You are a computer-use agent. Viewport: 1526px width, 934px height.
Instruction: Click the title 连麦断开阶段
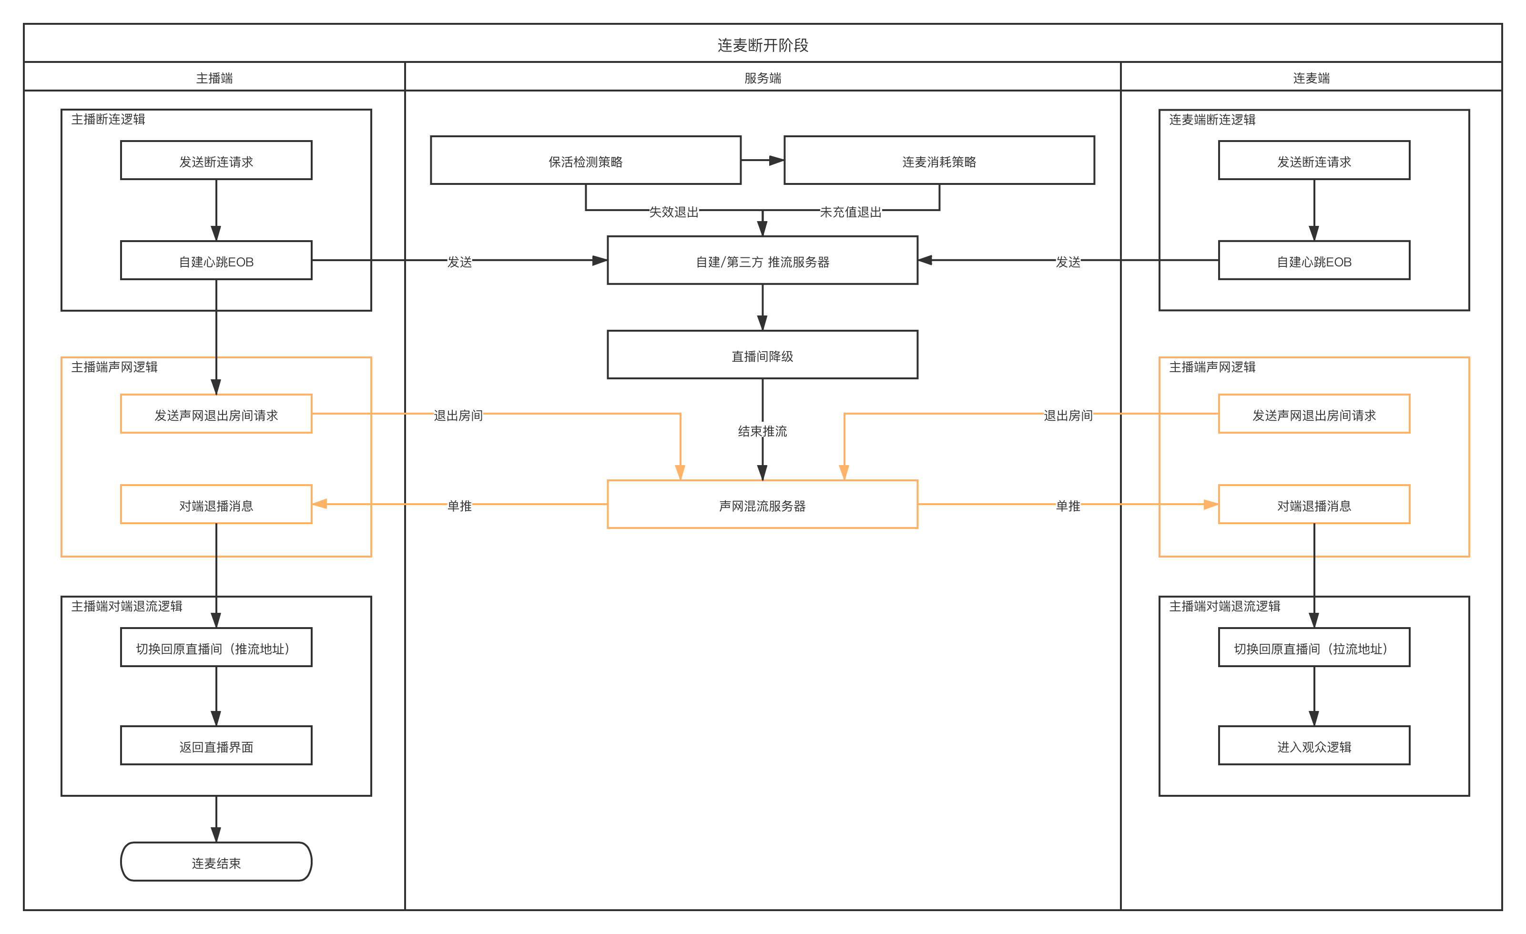[763, 45]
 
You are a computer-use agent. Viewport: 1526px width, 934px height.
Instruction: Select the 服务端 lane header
[763, 78]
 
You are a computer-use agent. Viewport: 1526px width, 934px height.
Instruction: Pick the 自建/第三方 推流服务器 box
[763, 261]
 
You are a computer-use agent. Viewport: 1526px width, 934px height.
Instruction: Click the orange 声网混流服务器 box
[763, 505]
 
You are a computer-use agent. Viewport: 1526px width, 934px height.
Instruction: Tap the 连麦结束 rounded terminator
[216, 862]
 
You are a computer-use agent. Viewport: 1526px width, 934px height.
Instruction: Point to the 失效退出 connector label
[673, 212]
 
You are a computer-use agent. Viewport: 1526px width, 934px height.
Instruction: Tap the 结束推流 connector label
[763, 431]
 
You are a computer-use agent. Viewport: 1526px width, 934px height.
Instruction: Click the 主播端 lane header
[214, 78]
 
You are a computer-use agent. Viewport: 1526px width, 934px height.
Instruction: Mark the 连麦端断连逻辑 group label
[1212, 120]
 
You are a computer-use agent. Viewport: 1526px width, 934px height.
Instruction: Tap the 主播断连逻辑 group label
[108, 120]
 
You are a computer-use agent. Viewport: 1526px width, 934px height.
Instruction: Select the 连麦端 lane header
[1311, 78]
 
